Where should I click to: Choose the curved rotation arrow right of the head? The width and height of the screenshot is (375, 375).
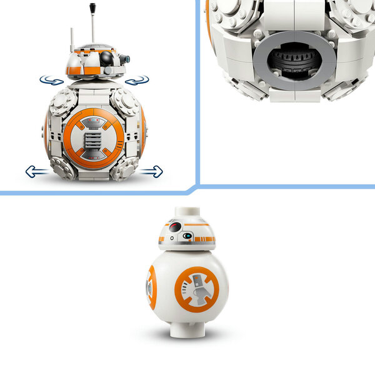(137, 80)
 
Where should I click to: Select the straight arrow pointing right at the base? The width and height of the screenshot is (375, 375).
(151, 171)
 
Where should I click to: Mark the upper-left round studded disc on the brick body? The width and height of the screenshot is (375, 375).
(60, 102)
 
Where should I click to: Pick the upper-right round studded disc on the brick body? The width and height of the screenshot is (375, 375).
(125, 101)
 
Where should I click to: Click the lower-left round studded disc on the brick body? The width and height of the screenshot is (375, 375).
(62, 167)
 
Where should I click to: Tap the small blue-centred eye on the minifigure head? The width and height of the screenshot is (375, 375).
(187, 236)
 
